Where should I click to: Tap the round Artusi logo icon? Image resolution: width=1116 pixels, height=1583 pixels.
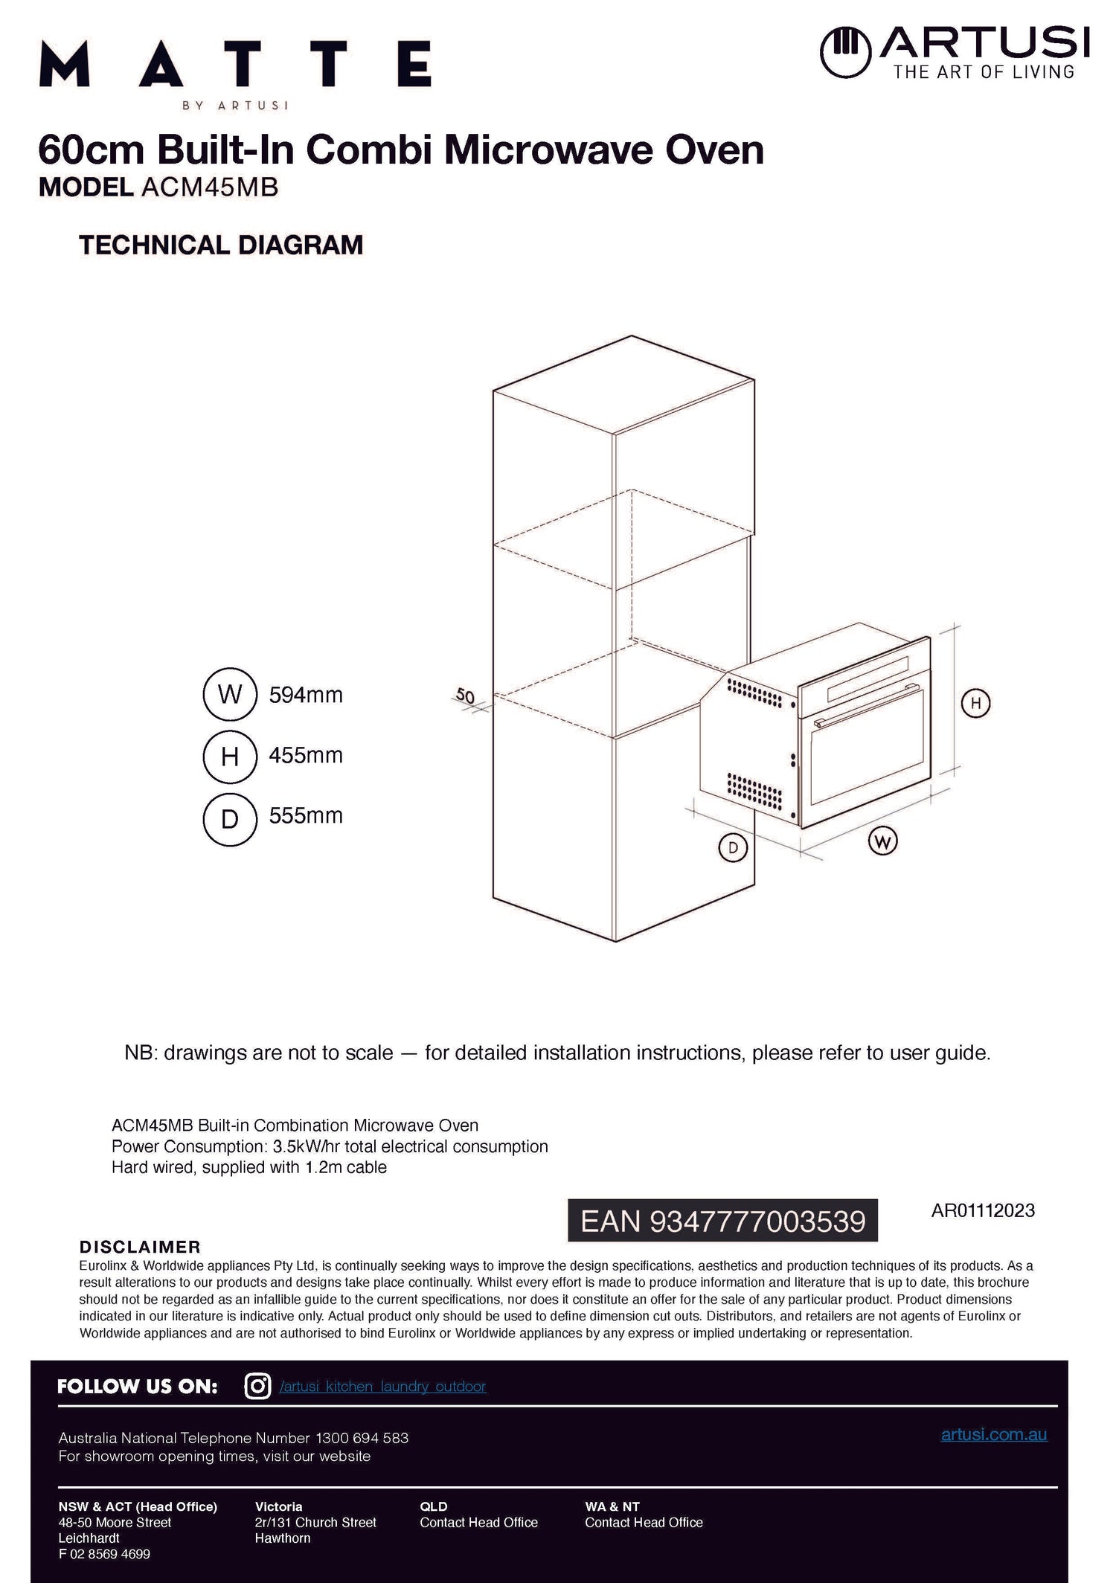(845, 52)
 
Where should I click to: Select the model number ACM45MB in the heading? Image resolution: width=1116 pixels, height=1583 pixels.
(209, 187)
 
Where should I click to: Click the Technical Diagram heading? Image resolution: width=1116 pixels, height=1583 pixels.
(221, 245)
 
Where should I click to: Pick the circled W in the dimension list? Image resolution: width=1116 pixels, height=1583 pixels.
(230, 695)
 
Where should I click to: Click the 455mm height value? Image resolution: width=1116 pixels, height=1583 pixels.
(306, 756)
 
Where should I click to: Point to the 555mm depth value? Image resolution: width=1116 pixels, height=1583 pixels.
(306, 816)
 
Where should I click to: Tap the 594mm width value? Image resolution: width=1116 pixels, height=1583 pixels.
(306, 696)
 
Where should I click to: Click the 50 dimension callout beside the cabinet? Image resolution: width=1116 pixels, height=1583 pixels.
(465, 696)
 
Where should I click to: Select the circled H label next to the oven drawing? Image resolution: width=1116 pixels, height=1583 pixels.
(975, 703)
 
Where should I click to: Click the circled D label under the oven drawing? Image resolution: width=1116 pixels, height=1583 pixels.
(733, 848)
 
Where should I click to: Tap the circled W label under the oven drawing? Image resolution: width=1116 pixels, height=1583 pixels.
(882, 841)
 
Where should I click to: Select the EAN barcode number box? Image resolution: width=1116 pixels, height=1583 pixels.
(722, 1221)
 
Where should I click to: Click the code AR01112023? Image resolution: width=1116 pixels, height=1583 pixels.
(982, 1210)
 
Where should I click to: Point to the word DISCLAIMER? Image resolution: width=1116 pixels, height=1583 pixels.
(140, 1247)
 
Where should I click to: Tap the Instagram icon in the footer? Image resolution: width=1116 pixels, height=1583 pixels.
(257, 1387)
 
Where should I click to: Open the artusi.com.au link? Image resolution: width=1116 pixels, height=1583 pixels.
(993, 1434)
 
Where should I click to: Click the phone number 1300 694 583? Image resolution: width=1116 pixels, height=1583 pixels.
(362, 1438)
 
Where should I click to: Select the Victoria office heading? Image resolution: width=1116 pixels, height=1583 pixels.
(278, 1506)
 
